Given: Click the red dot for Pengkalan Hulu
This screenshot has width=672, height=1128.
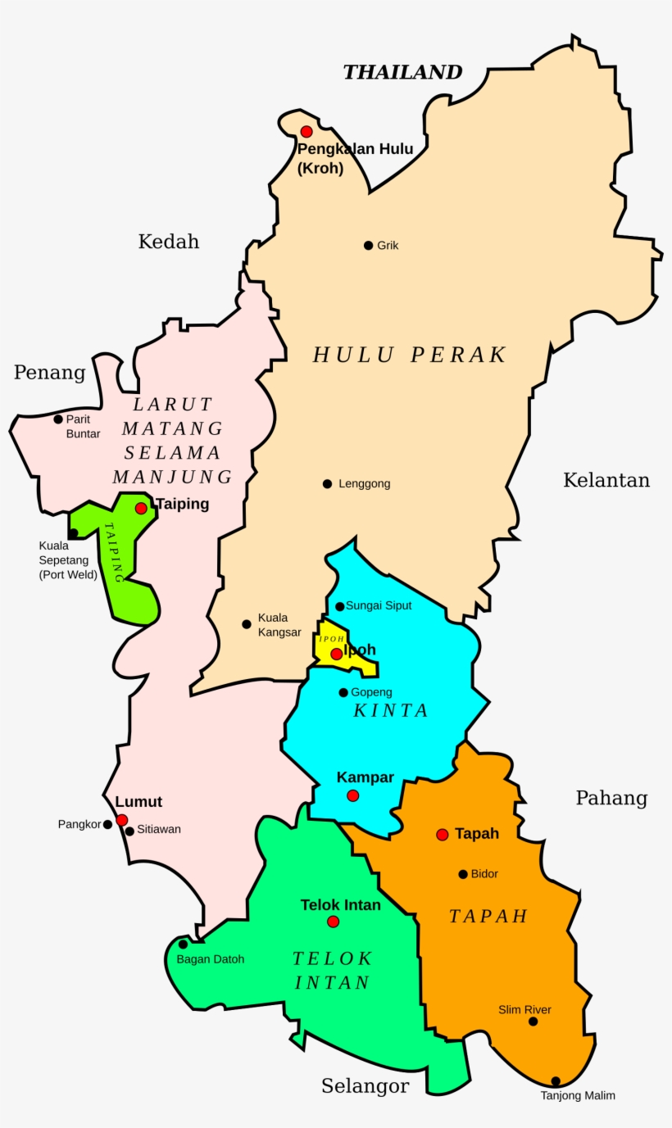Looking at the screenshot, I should point(306,131).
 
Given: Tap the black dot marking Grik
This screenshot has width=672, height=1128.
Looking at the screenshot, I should point(369,245).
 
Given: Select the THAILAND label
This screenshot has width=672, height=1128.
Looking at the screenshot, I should point(402,72).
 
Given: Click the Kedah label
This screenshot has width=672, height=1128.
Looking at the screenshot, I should point(169,242).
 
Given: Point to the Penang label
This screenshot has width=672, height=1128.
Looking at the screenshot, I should point(49,373).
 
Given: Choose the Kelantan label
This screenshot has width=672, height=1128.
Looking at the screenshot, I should point(606,480).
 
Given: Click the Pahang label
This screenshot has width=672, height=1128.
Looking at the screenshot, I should point(611,798).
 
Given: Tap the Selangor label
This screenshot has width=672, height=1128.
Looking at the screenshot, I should point(365,1086).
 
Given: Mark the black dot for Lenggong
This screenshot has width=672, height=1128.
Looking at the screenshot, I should point(328,483).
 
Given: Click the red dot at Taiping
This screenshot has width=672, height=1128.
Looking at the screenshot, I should point(141,508).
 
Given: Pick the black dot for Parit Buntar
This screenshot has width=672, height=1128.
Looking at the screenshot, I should point(58,419).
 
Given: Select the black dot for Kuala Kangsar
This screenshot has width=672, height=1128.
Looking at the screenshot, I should point(247,624).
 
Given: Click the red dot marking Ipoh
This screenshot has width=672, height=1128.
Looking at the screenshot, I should point(336,654).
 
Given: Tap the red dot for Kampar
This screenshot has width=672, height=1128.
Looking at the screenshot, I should point(352,795).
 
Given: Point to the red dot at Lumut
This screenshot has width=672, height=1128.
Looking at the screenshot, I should point(122,820).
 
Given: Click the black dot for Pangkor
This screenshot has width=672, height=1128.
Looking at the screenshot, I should point(107,825).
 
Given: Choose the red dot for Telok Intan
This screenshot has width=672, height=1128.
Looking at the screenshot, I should point(333,922).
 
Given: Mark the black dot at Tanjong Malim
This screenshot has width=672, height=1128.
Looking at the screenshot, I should point(556,1081).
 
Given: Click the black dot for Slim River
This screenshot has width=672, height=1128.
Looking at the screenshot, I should point(534,1022).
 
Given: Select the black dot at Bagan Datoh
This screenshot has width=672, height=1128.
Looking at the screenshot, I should point(184,945).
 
